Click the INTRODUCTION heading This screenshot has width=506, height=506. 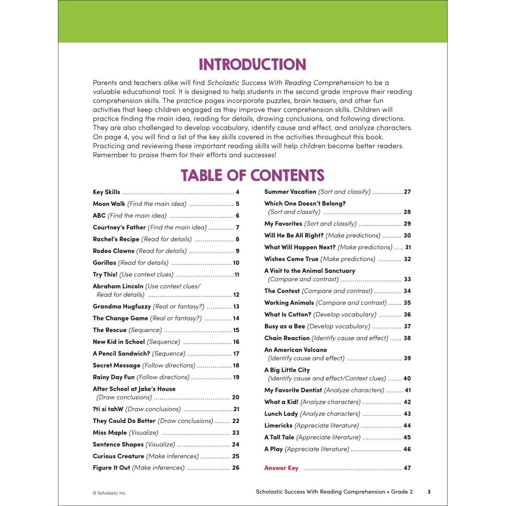[x=252, y=64]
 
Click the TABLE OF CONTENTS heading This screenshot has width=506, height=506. [x=252, y=175]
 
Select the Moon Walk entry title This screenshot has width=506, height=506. [x=109, y=204]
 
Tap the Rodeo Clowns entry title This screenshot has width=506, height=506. [x=114, y=251]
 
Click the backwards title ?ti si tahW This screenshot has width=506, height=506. [x=108, y=409]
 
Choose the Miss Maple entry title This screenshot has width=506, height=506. [x=110, y=432]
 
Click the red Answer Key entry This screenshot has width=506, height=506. [x=281, y=468]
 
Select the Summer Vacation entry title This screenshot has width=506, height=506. [x=290, y=192]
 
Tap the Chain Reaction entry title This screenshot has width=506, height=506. [x=287, y=338]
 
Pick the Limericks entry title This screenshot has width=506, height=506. [x=278, y=425]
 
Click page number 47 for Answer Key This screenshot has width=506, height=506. [x=407, y=468]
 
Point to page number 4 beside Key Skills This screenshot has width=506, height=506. [x=237, y=192]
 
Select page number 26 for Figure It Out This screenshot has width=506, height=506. [x=236, y=468]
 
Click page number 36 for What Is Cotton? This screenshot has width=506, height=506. [x=407, y=315]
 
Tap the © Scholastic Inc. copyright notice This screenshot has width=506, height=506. [x=109, y=493]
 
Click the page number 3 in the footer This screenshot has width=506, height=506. [x=429, y=492]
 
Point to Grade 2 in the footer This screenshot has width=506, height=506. [x=402, y=492]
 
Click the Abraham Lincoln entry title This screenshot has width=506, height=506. [x=118, y=286]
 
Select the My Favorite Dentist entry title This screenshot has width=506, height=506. [x=293, y=390]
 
